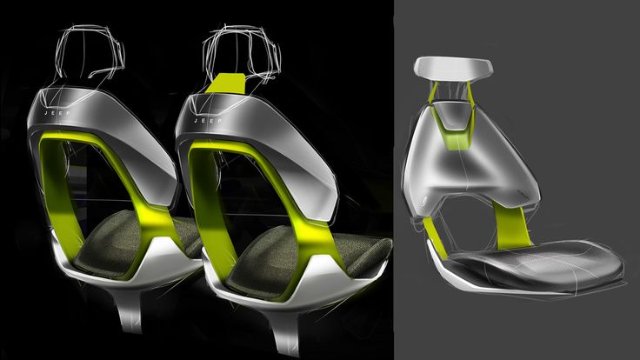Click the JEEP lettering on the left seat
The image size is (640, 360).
coord(57,113)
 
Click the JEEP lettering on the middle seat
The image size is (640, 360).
coord(208,121)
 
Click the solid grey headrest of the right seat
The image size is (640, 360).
coord(453,68)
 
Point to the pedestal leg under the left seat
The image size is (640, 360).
coord(130,310)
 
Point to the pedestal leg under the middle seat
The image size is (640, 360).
coord(286,331)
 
